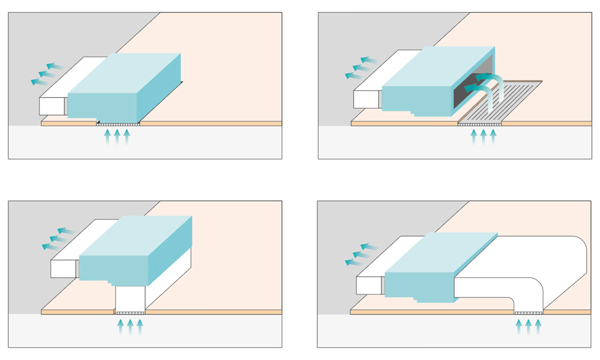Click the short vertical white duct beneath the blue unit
[130, 298]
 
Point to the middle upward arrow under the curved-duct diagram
[529, 326]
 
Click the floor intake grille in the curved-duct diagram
[529, 313]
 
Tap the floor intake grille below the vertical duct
[130, 313]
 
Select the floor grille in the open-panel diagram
[479, 124]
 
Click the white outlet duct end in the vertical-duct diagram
[62, 269]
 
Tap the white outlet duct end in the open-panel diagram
[366, 99]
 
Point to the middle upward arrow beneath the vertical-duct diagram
[130, 326]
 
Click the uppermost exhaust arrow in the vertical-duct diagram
[66, 230]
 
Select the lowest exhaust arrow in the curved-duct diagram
[354, 262]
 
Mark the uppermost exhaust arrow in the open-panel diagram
[368, 60]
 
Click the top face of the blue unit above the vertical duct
[135, 236]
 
